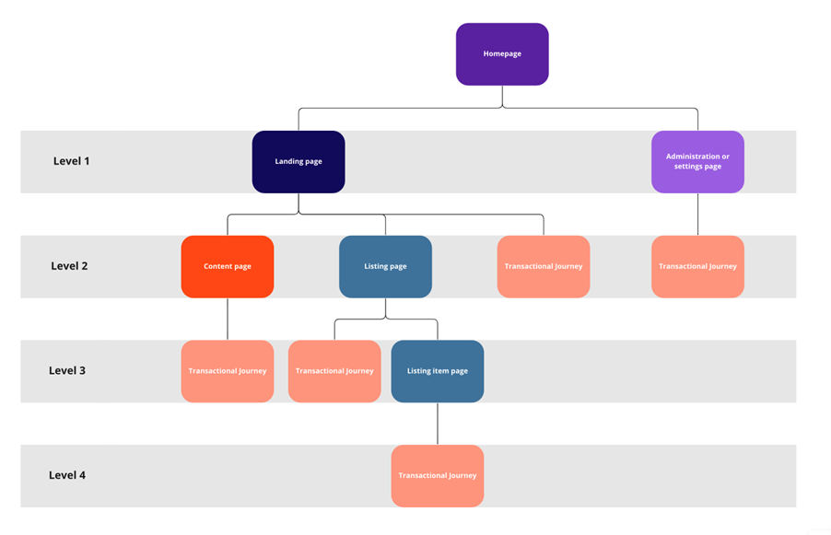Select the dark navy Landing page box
click(x=298, y=162)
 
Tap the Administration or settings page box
click(x=697, y=162)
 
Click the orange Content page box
click(x=228, y=267)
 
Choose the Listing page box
click(x=385, y=267)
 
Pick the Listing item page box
click(x=438, y=371)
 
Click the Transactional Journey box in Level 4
click(x=438, y=476)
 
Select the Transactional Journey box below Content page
click(x=228, y=371)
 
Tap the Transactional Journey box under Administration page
click(x=697, y=267)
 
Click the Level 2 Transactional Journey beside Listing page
click(x=544, y=267)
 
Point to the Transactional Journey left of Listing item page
click(x=334, y=371)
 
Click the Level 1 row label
click(x=72, y=161)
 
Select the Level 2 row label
click(x=70, y=266)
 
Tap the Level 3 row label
click(x=67, y=371)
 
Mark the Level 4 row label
click(x=67, y=476)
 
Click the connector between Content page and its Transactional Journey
click(x=228, y=319)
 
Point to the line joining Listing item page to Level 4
click(x=438, y=424)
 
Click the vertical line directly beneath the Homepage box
click(x=502, y=96)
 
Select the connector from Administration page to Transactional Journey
click(x=697, y=215)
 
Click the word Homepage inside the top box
click(x=502, y=54)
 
